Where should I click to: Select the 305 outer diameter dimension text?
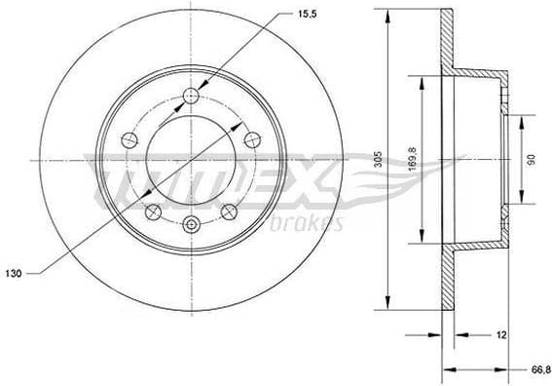coord(376,158)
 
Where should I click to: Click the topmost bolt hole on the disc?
coord(191,96)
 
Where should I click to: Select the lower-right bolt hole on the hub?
coord(229,211)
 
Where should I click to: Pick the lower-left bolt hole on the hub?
coord(153,211)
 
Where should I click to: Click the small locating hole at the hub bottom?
coord(191,226)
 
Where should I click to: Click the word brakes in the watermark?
coord(313,225)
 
